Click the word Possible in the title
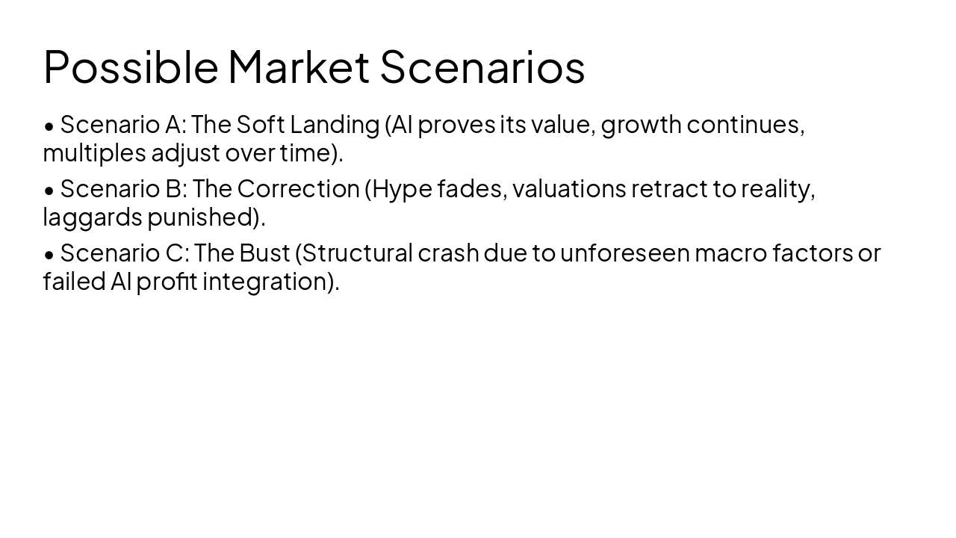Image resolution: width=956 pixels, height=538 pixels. coord(131,67)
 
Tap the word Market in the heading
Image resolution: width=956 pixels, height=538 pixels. coord(299,67)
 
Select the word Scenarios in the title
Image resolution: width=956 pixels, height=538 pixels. coord(482,67)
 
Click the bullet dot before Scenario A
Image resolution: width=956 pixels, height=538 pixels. coord(49,126)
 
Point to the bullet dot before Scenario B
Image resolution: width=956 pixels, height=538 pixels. coord(49,191)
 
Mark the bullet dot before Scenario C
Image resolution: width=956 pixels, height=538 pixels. coord(49,255)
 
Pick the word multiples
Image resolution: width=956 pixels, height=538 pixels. coord(94,153)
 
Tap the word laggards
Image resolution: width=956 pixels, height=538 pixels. coord(93,217)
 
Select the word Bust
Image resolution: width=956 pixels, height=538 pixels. coord(264,253)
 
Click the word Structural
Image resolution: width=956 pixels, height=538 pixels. coord(356,253)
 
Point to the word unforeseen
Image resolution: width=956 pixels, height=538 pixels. coord(624,253)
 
